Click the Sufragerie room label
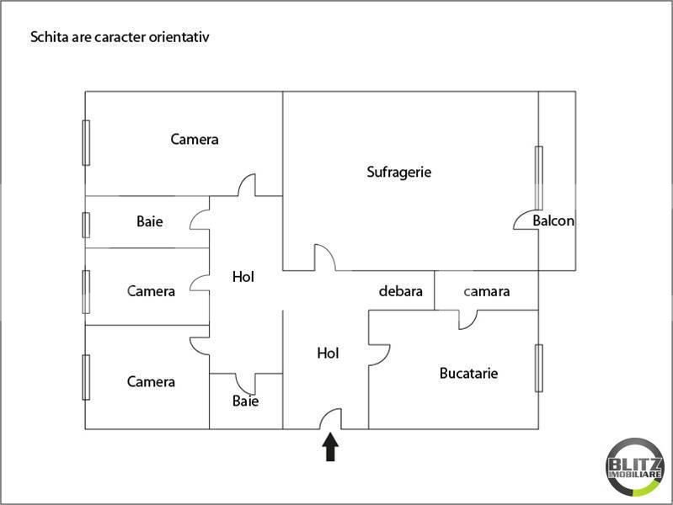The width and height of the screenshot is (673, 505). [398, 172]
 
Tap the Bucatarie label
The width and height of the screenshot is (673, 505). [468, 373]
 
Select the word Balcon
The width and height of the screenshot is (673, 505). [553, 221]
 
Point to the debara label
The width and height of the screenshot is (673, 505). [400, 291]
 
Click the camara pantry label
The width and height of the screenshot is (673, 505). [487, 292]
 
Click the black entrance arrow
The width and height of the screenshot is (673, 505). [330, 447]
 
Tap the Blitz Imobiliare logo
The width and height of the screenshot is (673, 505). [635, 467]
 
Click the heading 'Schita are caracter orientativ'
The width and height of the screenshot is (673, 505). [120, 37]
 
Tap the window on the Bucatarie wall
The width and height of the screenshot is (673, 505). [539, 368]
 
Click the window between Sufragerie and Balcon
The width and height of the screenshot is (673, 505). [539, 178]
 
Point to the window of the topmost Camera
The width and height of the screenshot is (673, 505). [86, 142]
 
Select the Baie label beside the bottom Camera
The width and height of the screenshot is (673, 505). [245, 401]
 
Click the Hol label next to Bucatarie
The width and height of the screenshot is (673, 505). [328, 353]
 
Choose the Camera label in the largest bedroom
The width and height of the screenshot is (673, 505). [195, 140]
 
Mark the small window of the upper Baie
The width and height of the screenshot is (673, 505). [86, 225]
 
